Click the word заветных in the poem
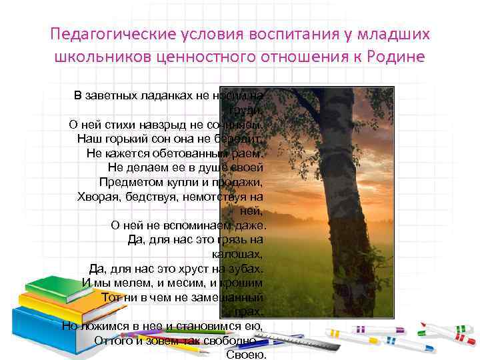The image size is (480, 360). (125, 95)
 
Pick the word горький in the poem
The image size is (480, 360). (141, 139)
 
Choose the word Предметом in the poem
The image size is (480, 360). (127, 182)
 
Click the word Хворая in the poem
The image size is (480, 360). (97, 197)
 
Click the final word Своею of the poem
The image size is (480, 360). (246, 355)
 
